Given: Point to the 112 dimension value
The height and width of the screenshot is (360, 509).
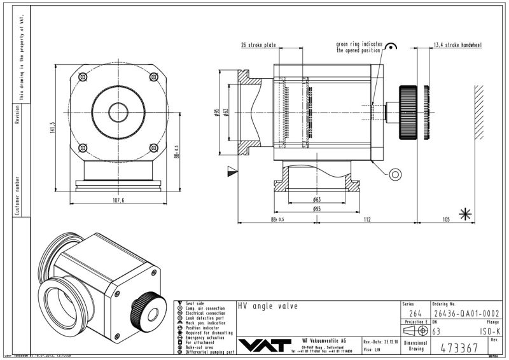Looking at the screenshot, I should click(x=368, y=219).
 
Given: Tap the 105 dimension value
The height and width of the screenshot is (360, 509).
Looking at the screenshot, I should click(x=446, y=219).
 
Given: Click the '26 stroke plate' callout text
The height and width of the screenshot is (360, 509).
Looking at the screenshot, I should click(x=257, y=45).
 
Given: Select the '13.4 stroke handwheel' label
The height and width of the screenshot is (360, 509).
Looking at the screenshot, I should click(x=457, y=45).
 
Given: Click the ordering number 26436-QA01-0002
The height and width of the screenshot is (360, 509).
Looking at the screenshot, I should click(x=466, y=313).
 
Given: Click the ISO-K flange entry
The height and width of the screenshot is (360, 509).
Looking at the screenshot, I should click(x=490, y=331).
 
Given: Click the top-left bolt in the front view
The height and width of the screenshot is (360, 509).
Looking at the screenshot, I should click(x=82, y=77).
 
